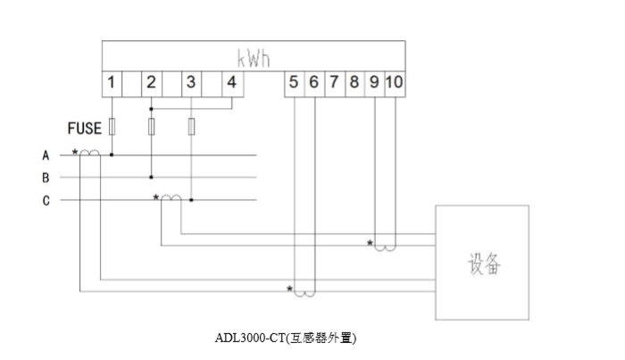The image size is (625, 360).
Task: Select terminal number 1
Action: click(x=111, y=83)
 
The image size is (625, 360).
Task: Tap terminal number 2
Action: click(x=151, y=83)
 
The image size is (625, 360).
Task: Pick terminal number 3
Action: click(x=191, y=83)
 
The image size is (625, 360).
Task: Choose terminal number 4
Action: click(x=231, y=83)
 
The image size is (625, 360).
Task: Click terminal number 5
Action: click(x=294, y=83)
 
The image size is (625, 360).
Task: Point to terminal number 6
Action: click(x=313, y=83)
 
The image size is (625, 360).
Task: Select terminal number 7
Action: click(x=333, y=83)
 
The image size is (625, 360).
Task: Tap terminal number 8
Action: click(x=354, y=83)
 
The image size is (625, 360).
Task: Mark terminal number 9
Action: click(x=374, y=83)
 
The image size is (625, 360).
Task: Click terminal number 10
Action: click(x=394, y=83)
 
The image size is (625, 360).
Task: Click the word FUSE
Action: click(x=85, y=129)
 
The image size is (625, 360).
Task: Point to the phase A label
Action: click(x=46, y=155)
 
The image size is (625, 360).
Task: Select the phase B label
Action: click(x=46, y=178)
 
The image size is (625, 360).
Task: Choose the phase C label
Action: click(x=46, y=201)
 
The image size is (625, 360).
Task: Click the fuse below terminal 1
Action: click(x=112, y=126)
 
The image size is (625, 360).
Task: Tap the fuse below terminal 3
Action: click(x=191, y=126)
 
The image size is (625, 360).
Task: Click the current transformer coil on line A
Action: click(x=89, y=154)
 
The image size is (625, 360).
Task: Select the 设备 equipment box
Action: click(x=481, y=263)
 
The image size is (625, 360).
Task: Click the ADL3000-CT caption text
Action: click(x=286, y=339)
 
